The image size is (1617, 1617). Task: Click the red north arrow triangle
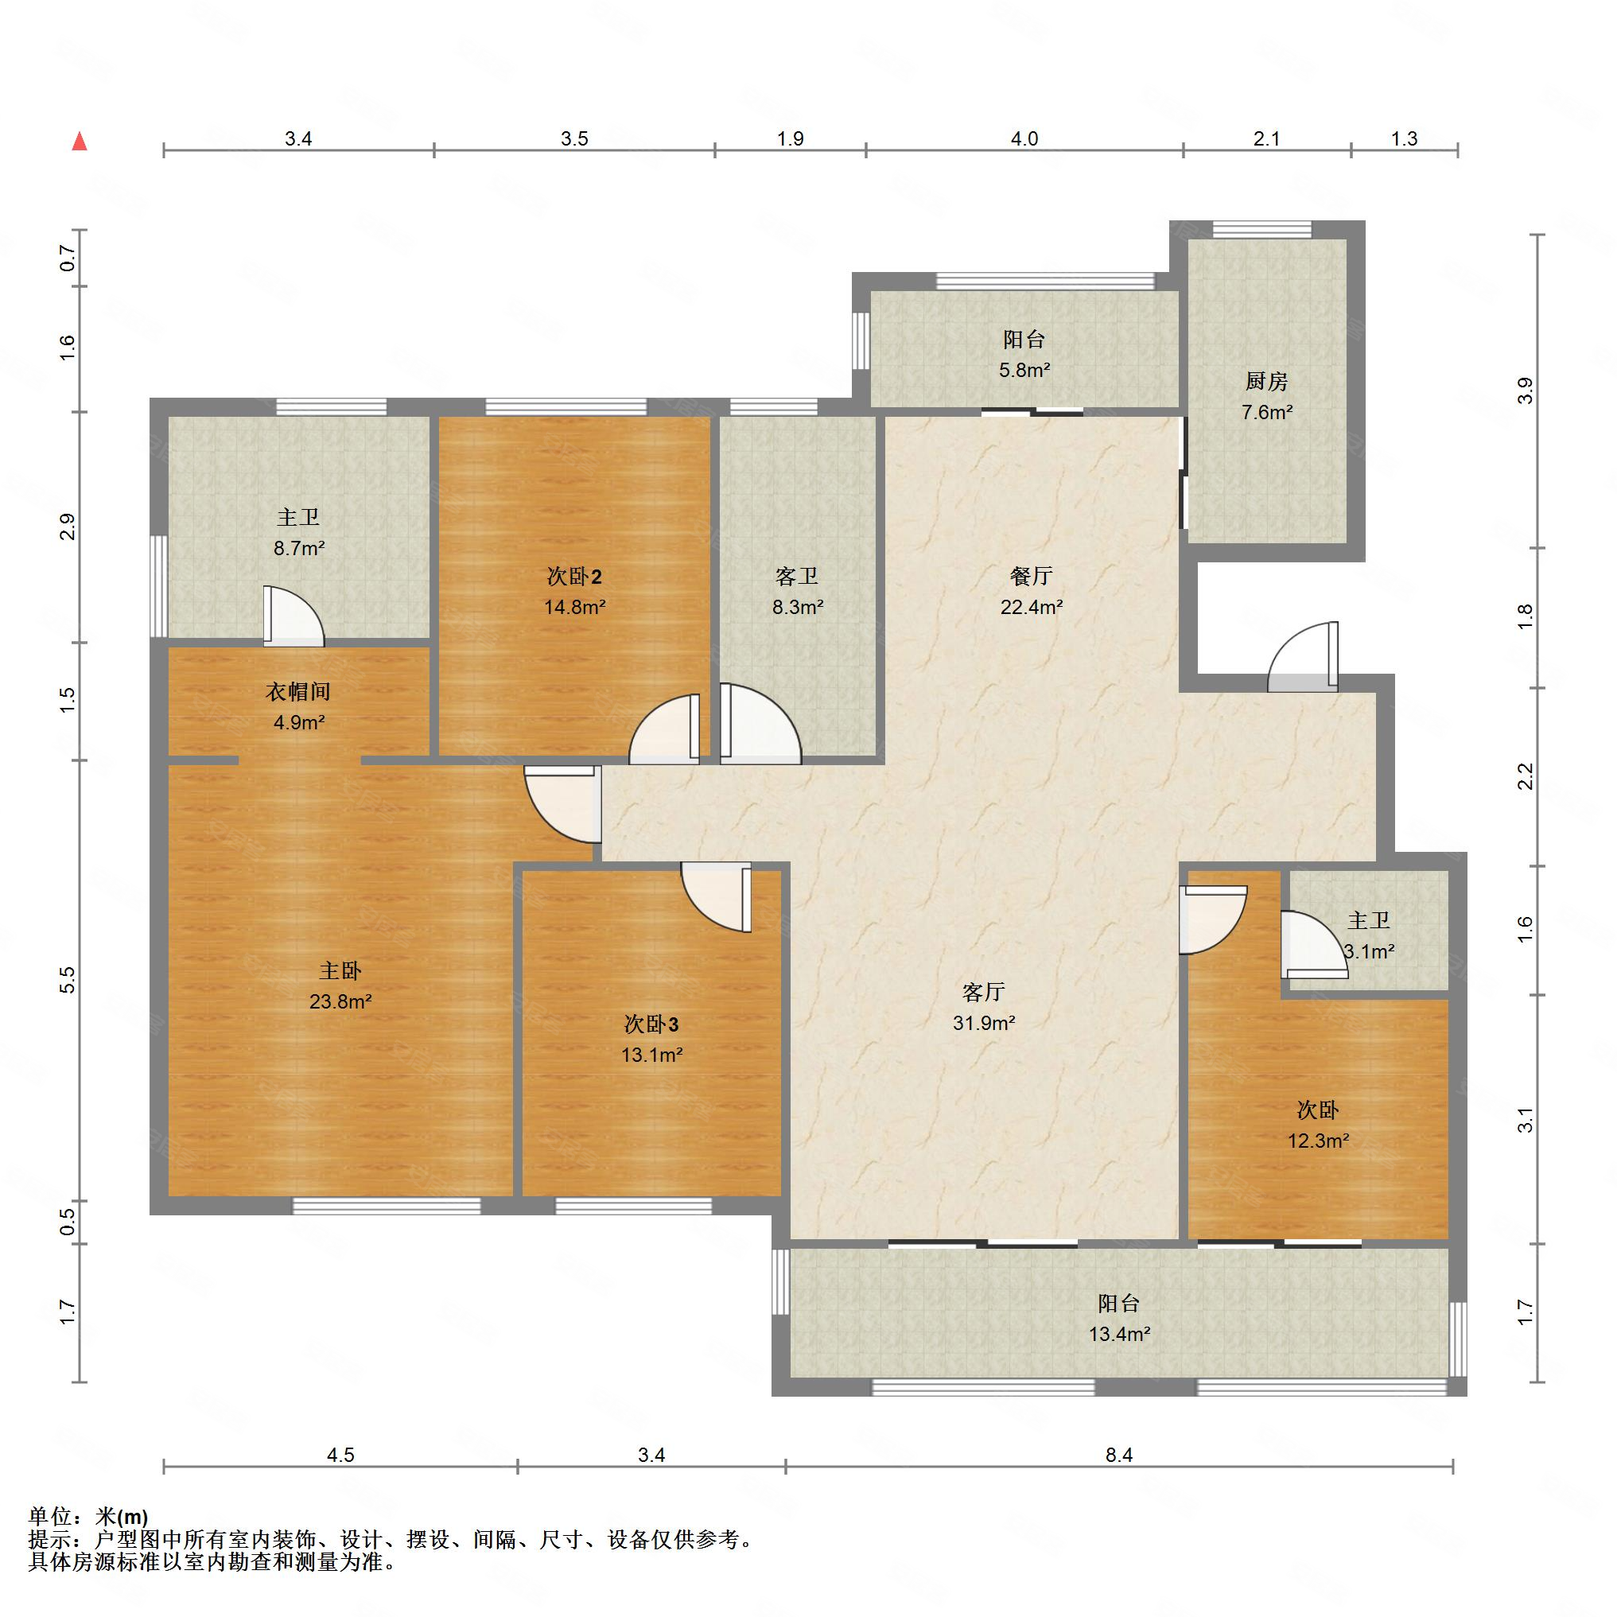[x=80, y=141]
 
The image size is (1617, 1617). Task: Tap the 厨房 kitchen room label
[x=1266, y=382]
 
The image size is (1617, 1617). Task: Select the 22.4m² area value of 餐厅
[x=1031, y=607]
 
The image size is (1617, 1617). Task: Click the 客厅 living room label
[x=983, y=992]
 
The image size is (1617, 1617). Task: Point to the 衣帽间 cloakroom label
[x=298, y=691]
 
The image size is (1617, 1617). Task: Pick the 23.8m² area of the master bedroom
[x=340, y=1001]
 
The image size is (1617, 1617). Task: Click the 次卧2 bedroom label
[x=574, y=576]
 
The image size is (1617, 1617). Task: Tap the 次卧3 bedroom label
[x=651, y=1024]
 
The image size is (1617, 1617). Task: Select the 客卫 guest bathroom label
[x=797, y=576]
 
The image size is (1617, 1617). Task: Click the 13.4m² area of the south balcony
[x=1119, y=1333]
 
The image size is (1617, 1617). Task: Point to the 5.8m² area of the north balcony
[x=1024, y=369]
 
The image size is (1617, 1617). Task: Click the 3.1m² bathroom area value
[x=1370, y=950]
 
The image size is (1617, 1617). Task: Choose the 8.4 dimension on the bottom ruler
[x=1119, y=1455]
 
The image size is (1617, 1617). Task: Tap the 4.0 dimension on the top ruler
[x=1024, y=139]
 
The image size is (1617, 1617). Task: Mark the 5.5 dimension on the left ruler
[x=68, y=980]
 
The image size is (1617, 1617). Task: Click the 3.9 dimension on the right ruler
[x=1525, y=391]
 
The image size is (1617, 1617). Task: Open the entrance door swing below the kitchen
[x=1303, y=656]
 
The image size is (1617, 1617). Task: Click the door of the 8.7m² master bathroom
[x=293, y=616]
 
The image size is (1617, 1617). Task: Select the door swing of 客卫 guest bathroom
[x=760, y=724]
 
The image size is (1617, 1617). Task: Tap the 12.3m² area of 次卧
[x=1318, y=1140]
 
